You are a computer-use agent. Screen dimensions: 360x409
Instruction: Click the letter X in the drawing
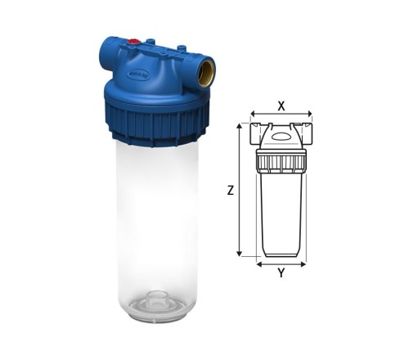click(x=281, y=106)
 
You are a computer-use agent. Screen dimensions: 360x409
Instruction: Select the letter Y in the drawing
click(x=281, y=274)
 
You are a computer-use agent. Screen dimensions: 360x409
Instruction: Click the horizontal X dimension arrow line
click(x=281, y=115)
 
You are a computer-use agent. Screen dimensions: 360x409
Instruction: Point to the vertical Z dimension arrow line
click(x=239, y=190)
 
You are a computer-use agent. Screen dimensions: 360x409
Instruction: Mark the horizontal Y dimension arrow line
click(x=281, y=263)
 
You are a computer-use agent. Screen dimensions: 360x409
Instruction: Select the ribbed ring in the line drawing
click(x=281, y=160)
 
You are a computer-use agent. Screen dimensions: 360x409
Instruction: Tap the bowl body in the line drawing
click(x=281, y=213)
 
